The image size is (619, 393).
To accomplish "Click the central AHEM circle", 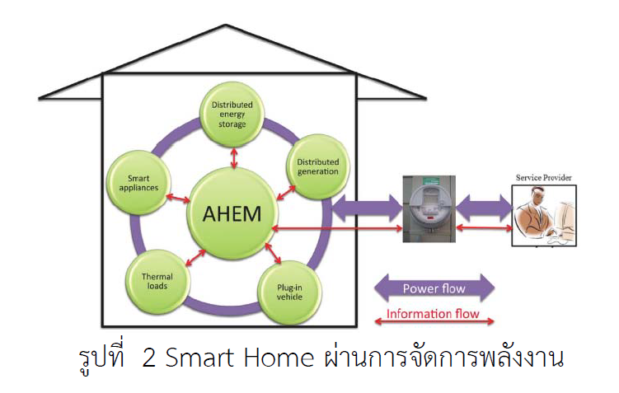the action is click(232, 213).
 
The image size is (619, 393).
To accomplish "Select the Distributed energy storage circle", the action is click(232, 115).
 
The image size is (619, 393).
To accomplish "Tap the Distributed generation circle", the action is click(318, 166).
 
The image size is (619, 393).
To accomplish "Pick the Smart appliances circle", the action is click(139, 183).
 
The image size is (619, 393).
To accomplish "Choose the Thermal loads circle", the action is click(157, 281).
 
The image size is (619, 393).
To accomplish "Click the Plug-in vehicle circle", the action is click(289, 292).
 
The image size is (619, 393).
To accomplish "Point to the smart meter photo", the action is click(429, 208).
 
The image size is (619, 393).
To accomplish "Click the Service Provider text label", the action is click(544, 178).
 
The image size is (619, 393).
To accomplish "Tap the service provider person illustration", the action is click(544, 216).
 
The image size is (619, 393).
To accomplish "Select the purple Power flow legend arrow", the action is click(434, 288).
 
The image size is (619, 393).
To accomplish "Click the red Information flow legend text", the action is click(433, 314).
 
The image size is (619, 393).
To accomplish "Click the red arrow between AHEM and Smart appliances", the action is click(178, 199).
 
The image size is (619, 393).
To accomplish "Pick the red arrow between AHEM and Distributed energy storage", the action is click(234, 158).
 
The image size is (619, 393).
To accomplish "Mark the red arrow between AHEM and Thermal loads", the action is click(195, 258).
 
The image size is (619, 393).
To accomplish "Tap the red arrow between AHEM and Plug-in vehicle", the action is click(273, 253).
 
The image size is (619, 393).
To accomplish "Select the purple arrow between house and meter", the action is click(368, 208).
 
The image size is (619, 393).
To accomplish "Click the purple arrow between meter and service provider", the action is click(484, 208).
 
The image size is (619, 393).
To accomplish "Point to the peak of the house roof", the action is click(225, 25).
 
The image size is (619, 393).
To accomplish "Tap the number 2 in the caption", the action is click(148, 358).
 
